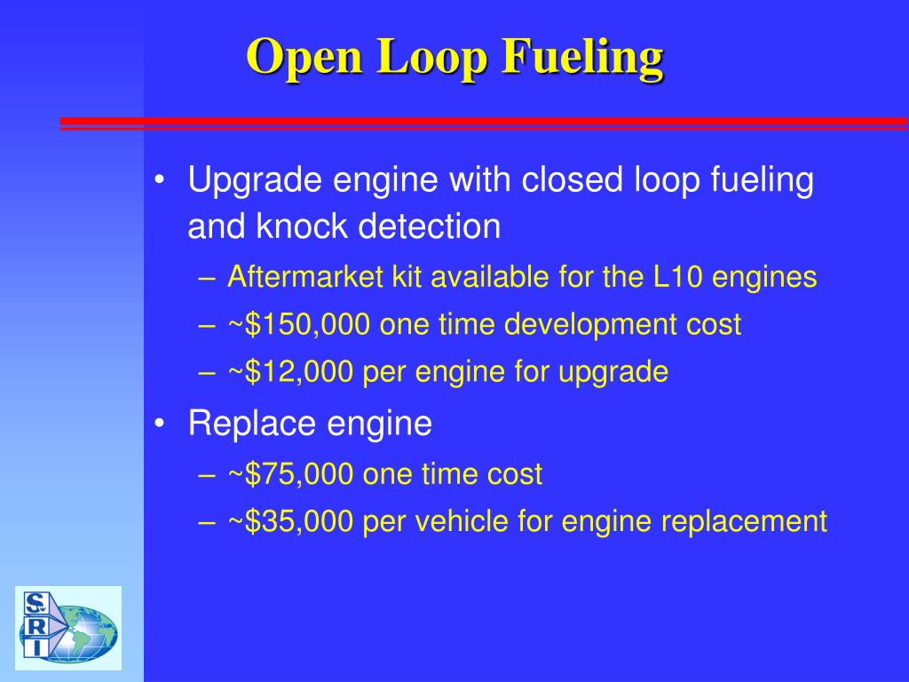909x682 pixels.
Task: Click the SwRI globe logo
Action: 68,628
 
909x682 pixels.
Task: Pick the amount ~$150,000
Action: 299,324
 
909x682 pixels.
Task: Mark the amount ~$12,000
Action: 291,371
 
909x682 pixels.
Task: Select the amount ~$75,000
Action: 291,474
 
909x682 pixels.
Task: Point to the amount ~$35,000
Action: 291,521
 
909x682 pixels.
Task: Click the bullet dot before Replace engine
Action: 159,424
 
